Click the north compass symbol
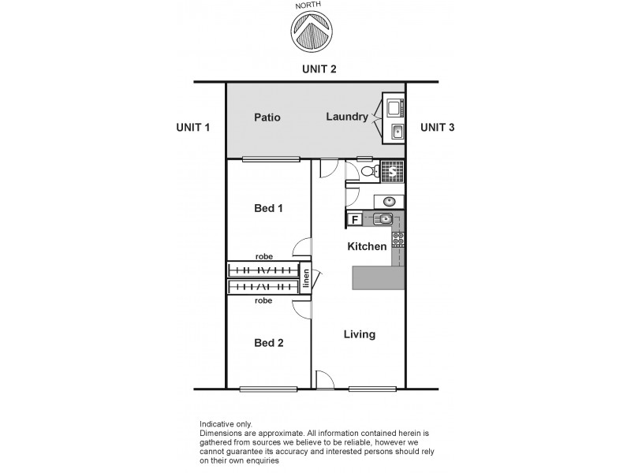[312, 31]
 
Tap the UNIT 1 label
[193, 128]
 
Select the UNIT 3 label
[437, 128]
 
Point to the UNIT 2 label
[319, 69]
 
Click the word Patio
[267, 117]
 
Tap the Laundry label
[346, 117]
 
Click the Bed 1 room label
[268, 209]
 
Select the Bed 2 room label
[268, 343]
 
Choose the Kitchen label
[368, 247]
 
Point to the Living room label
[360, 334]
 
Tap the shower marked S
[392, 170]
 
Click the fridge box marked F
[356, 219]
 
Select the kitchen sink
[384, 218]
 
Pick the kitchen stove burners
[398, 237]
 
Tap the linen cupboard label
[306, 280]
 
